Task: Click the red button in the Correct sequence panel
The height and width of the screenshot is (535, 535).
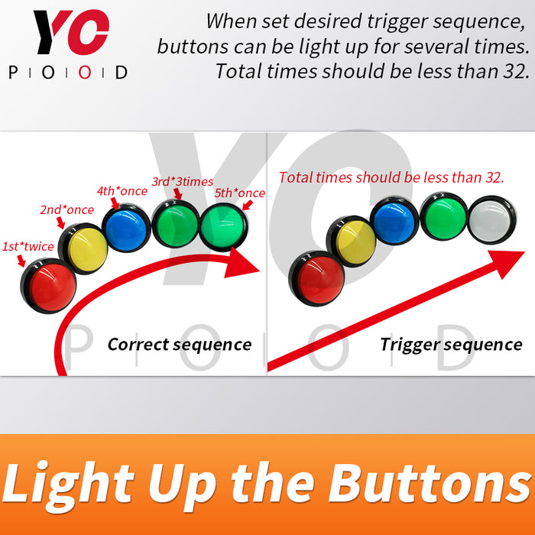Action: coord(48,286)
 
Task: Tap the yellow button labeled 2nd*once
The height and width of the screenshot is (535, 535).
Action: coord(83,248)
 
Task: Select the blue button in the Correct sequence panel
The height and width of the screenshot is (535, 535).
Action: coord(126,228)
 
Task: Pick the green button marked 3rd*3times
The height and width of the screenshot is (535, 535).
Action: coord(175,224)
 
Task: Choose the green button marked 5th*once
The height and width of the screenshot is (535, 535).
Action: coord(223,226)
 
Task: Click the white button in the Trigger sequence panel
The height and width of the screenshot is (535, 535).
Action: coord(491,220)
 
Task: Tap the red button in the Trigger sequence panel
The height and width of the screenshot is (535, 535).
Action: coord(316,279)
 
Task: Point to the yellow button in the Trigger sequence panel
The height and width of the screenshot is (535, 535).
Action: coord(352,242)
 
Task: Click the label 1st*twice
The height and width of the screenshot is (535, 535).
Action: coord(28,246)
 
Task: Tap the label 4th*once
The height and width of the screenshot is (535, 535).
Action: coord(122,191)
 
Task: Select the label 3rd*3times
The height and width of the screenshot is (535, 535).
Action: coord(183,182)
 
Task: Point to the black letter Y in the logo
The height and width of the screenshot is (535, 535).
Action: coord(52,32)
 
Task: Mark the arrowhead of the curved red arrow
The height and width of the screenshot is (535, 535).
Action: coord(241,262)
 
